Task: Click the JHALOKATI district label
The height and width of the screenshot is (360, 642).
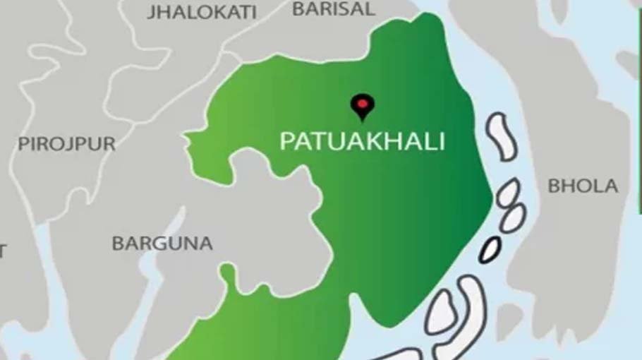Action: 202,12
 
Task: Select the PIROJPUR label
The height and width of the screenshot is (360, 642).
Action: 66,144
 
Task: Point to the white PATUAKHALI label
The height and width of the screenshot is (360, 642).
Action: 363,141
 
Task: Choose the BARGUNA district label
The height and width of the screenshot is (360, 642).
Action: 162,244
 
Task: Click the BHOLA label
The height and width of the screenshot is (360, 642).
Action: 583,186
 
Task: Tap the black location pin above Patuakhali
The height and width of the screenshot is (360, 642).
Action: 363,106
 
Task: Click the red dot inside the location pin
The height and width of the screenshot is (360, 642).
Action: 363,103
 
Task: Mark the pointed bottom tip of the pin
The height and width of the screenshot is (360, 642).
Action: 363,121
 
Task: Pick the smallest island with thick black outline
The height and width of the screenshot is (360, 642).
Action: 490,249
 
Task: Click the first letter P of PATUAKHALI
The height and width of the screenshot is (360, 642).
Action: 286,141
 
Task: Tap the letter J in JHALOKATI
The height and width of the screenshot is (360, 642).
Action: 152,12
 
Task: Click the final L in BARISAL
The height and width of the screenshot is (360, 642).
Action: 370,9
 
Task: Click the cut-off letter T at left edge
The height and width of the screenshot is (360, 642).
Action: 3,251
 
